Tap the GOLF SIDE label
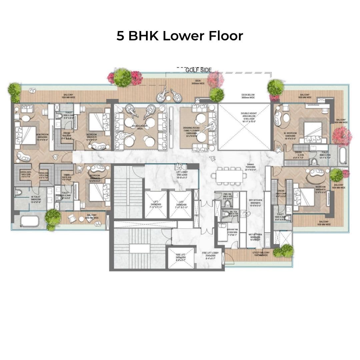(198, 70)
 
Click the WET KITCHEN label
(256, 236)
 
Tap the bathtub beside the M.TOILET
(29, 221)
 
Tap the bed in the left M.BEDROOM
(29, 135)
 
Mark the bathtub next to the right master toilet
(343, 156)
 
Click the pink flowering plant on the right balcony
(342, 136)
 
